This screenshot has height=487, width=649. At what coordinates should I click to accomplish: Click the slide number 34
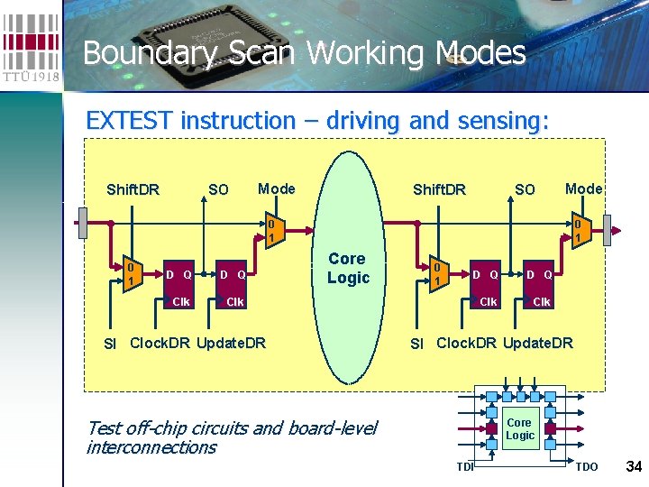coord(633,466)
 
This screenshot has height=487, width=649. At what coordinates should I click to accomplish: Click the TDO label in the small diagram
coord(586,466)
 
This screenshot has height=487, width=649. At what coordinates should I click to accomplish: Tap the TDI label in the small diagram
coord(465,466)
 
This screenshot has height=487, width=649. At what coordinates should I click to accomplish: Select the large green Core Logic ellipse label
coord(348,268)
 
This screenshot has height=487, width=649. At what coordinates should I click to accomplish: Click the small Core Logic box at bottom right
coord(519,428)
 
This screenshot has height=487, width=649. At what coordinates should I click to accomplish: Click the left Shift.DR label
coord(133,189)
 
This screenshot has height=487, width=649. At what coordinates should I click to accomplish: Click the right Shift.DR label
coord(439,189)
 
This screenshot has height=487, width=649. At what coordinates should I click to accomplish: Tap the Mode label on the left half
coord(276,188)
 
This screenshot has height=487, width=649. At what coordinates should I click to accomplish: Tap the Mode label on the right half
coord(583,188)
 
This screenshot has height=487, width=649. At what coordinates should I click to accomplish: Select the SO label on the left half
coord(218,189)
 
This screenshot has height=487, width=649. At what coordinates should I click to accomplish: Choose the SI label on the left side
coord(110,343)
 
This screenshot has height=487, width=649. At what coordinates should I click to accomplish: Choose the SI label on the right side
coord(416,343)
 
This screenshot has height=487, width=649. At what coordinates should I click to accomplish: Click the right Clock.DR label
coord(467,342)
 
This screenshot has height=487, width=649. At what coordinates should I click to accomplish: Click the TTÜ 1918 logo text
coord(31,76)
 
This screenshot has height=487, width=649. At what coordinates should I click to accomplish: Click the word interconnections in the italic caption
coord(151,447)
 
